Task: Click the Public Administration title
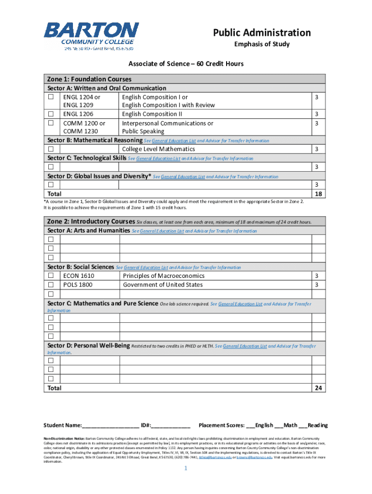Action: [x=262, y=33]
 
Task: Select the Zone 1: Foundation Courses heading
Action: [x=89, y=79]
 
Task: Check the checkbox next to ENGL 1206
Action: [x=50, y=114]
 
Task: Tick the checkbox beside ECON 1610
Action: [x=50, y=276]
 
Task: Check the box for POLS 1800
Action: [x=50, y=285]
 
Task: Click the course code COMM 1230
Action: [x=81, y=131]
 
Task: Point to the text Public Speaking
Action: [x=143, y=131]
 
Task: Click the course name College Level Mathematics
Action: [x=158, y=149]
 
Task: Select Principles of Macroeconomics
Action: [x=163, y=276]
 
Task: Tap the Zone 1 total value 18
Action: [x=318, y=194]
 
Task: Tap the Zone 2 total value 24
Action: [x=318, y=388]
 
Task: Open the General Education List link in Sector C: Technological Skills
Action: [x=158, y=159]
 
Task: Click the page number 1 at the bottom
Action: [x=186, y=469]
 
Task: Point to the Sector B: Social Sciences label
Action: [x=81, y=267]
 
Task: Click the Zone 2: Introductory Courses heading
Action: [x=90, y=221]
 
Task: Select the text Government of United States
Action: [x=163, y=285]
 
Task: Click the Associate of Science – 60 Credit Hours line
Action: [x=186, y=64]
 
